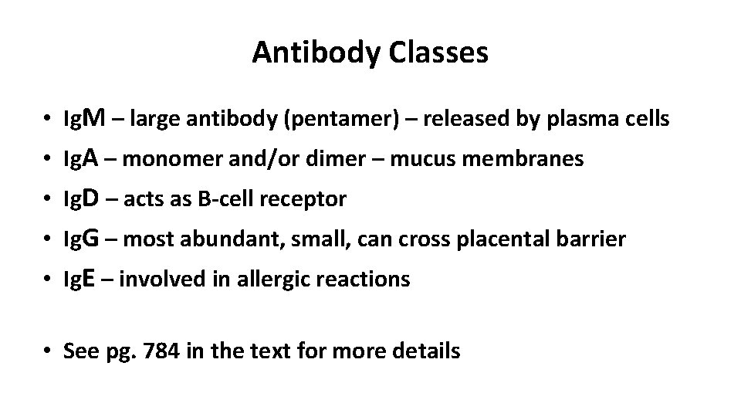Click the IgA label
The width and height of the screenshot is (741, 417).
(80, 160)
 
